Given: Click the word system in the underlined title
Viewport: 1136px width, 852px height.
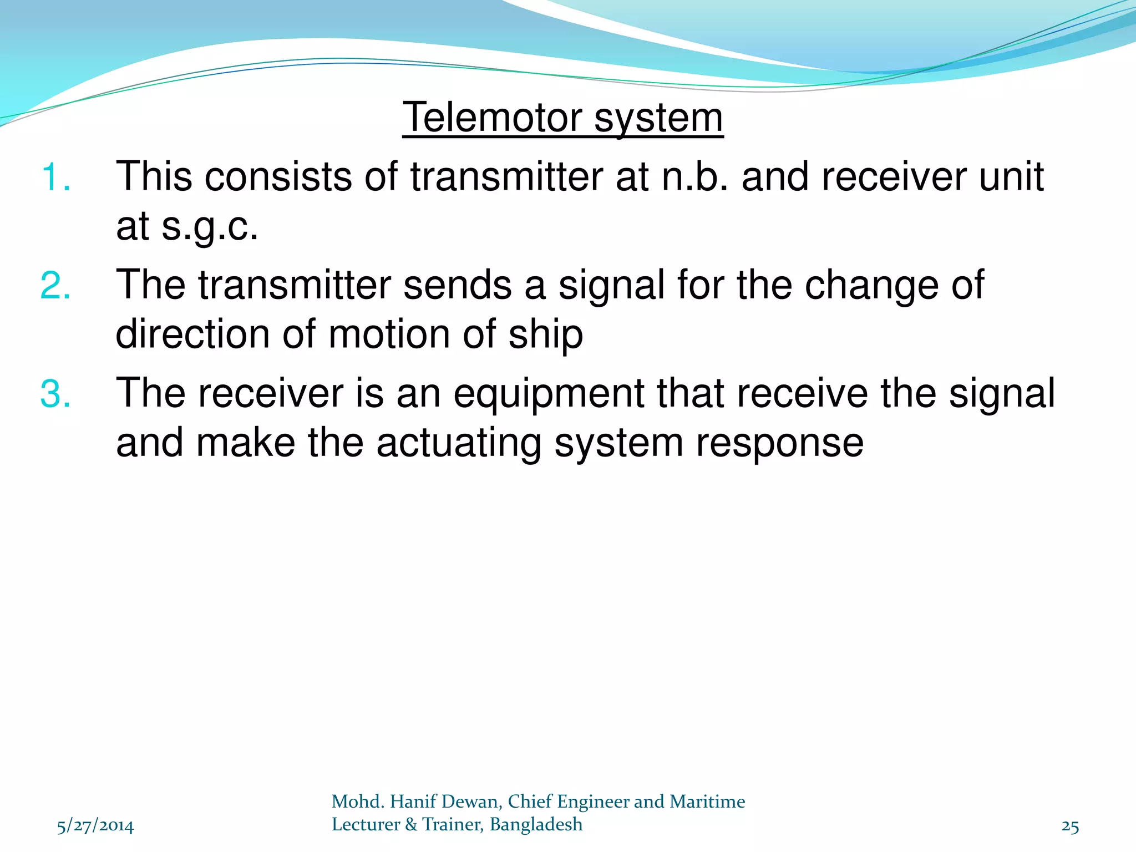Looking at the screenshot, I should coord(658,119).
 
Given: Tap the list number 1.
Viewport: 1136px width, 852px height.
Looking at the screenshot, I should coord(55,177).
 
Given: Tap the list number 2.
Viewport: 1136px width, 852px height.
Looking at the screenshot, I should coord(55,286).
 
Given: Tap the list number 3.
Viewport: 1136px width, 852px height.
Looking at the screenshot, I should coord(55,394).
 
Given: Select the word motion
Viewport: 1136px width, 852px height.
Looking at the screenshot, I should coord(389,334).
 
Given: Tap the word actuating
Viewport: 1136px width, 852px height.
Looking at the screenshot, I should coord(458,444).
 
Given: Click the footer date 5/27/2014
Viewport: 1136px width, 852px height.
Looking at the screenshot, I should coord(95,826).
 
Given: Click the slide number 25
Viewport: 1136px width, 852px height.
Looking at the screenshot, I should coord(1070,826).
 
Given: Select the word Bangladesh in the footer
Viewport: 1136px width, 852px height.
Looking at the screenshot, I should coord(536,825).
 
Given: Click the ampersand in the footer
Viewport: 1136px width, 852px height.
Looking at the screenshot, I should coord(411,825).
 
